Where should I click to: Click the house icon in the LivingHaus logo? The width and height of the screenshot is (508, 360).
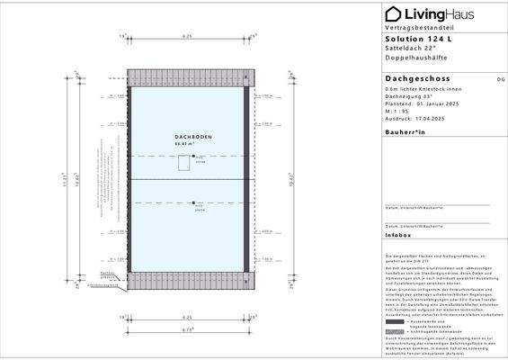(x=393, y=13)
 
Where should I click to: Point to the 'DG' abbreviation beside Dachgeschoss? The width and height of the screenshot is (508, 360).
(x=488, y=80)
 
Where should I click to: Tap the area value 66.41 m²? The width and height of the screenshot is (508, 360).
(x=185, y=143)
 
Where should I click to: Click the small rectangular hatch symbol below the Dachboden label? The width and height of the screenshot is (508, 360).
(x=183, y=162)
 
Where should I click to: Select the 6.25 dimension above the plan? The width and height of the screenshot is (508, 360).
(x=187, y=36)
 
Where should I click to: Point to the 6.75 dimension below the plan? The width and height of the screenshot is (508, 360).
(x=187, y=329)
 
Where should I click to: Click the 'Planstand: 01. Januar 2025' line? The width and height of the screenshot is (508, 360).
(x=421, y=105)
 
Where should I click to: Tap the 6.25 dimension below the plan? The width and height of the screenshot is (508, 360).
(x=187, y=318)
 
